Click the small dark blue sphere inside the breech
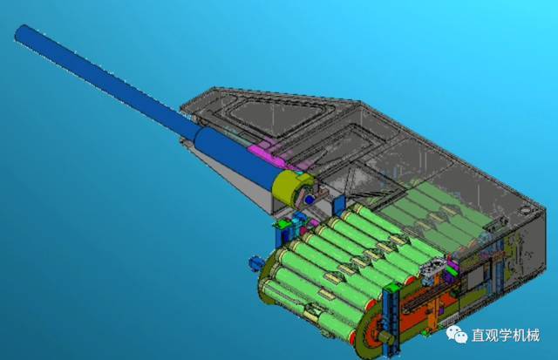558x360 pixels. click(x=309, y=200)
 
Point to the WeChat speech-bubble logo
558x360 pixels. click(x=457, y=335)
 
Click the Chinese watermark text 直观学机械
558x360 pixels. click(x=506, y=335)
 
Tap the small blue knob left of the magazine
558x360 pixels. click(x=255, y=263)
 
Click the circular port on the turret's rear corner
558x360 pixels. click(x=525, y=210)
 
